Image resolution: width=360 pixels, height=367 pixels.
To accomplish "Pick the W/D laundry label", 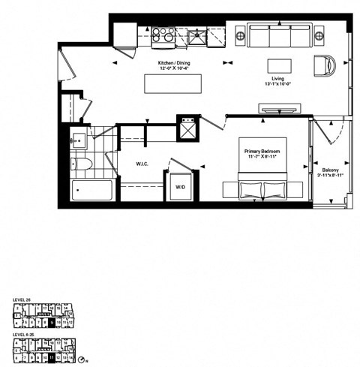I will click(x=181, y=187).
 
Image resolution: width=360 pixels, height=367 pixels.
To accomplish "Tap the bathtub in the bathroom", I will click(x=92, y=190).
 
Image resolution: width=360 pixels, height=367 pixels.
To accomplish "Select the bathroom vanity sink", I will click(x=79, y=140).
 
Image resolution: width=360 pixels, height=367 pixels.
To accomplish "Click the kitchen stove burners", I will click(x=163, y=35).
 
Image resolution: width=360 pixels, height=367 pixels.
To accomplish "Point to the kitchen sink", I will click(x=197, y=35).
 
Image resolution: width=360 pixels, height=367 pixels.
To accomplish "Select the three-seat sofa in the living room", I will click(x=280, y=35).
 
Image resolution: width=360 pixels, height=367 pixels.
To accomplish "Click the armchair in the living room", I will click(x=328, y=65).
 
